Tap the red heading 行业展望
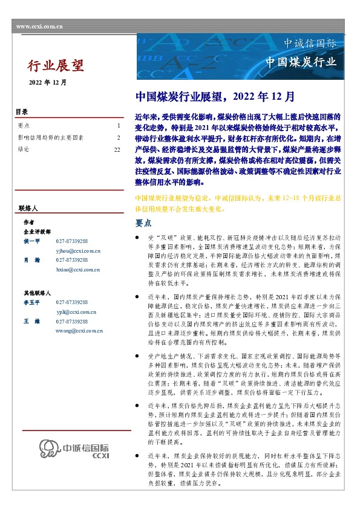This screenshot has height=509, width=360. (56, 65)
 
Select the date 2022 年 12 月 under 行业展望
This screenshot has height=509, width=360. (48, 82)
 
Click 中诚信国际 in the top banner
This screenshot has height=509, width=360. (310, 44)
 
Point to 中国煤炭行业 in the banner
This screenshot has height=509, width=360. (309, 62)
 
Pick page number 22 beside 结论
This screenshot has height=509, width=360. (117, 148)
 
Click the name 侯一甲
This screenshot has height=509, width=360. (31, 241)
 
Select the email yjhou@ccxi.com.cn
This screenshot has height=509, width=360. (78, 250)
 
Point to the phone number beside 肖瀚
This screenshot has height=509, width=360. (72, 260)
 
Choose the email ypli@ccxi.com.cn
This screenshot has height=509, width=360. (76, 312)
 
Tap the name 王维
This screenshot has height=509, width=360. (31, 322)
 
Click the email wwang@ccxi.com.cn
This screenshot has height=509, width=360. (79, 331)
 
